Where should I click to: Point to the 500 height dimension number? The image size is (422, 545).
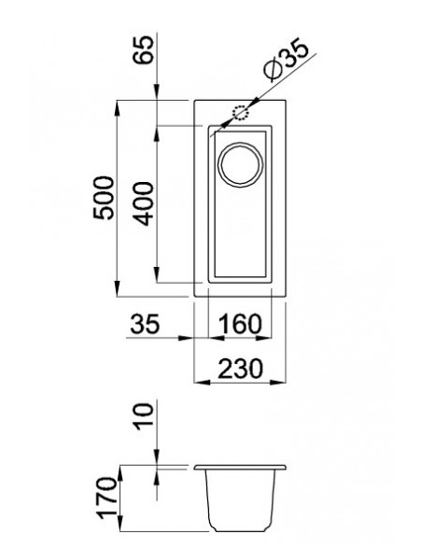105,197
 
